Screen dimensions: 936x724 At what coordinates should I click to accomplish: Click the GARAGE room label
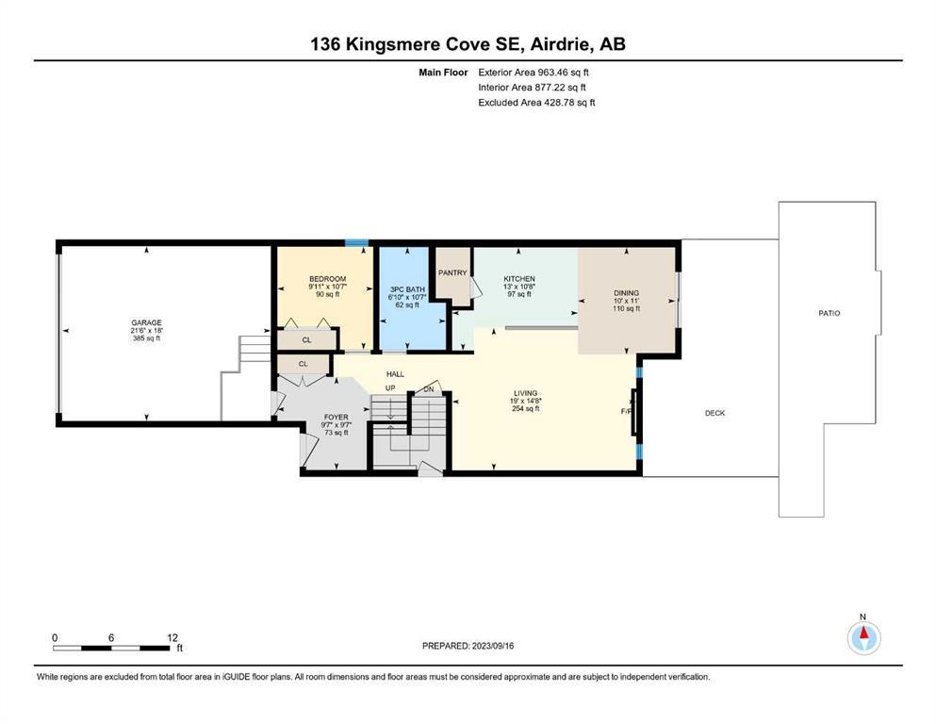point(146,323)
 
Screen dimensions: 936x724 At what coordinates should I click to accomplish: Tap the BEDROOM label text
point(327,279)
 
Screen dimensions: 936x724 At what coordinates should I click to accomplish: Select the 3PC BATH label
point(407,289)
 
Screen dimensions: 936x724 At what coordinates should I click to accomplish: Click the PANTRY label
point(452,272)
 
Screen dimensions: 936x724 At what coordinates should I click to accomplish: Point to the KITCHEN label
point(519,279)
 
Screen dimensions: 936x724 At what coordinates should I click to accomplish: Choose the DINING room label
point(626,293)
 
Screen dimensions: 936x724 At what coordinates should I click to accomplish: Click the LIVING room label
point(525,393)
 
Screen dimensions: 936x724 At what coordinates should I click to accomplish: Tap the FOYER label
point(337,418)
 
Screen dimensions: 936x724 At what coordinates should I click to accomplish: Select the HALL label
point(395,374)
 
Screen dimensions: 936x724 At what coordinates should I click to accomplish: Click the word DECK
point(714,413)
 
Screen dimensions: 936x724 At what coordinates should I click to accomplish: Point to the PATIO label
point(829,313)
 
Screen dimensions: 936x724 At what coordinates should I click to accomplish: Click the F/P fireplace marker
point(626,411)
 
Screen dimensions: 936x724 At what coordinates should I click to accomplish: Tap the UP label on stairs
point(390,388)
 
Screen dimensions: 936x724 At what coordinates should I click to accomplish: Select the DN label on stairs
point(429,389)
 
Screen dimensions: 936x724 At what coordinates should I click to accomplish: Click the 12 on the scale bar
point(172,637)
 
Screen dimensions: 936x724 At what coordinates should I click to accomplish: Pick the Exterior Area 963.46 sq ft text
point(534,73)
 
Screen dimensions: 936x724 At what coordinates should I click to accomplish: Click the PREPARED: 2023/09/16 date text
point(468,646)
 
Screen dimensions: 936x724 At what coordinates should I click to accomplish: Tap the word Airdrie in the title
point(561,44)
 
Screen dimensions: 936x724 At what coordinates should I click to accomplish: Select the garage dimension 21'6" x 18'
point(147,331)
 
